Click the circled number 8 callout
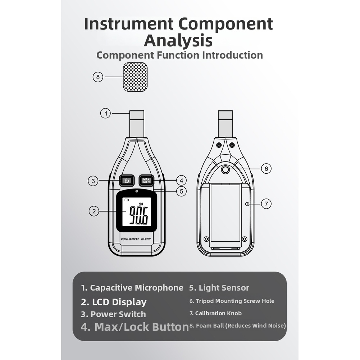[98, 77]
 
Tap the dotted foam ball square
[135, 77]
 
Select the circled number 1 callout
[106, 113]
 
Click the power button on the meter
[127, 181]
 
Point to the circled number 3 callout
[93, 181]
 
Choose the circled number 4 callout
[181, 181]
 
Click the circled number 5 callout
[181, 191]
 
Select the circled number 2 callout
[94, 211]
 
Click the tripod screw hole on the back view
[225, 170]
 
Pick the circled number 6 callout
[266, 169]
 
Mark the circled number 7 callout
[266, 204]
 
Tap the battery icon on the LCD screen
[127, 200]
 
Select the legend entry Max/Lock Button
[135, 327]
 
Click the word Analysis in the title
[178, 40]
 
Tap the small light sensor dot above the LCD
[137, 191]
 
